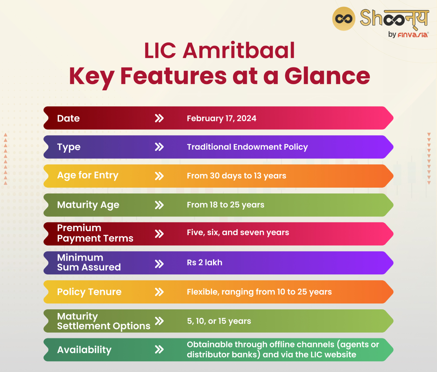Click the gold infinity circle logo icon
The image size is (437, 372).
(343, 19)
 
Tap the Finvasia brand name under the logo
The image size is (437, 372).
(413, 35)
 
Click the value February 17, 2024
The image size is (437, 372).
(221, 118)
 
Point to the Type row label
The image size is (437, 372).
(69, 147)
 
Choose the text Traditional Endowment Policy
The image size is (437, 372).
(247, 147)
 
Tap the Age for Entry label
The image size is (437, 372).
(88, 176)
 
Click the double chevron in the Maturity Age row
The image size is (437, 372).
(159, 205)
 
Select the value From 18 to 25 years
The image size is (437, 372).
(225, 205)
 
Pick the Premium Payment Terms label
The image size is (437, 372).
(95, 233)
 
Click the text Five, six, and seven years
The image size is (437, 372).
(238, 233)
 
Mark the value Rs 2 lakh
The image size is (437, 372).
(204, 263)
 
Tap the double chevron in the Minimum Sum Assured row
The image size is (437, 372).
(159, 264)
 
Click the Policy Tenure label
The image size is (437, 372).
(89, 292)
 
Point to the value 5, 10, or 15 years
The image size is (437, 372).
(219, 321)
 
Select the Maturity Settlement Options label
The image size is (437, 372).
(103, 321)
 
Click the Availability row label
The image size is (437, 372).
(84, 350)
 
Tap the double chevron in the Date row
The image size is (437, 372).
(159, 118)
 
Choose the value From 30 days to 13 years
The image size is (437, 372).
(236, 176)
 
